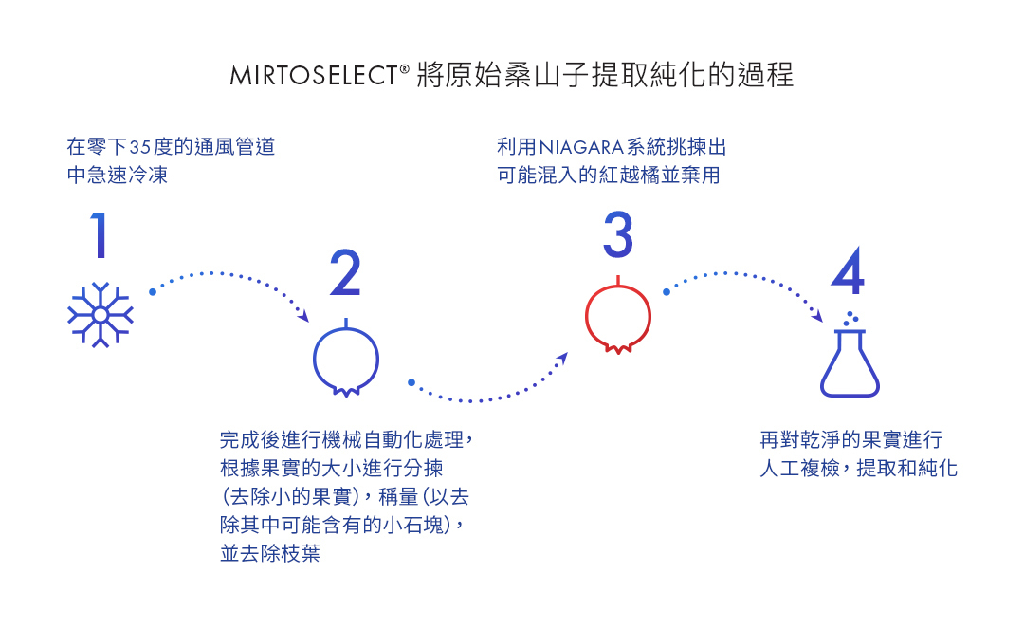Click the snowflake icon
tap(101, 315)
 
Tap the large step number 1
tap(100, 234)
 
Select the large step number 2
tap(345, 272)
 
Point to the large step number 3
tap(618, 234)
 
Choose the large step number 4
tap(848, 270)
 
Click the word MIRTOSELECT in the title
tap(314, 75)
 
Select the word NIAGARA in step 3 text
tap(581, 148)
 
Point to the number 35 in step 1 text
tap(140, 147)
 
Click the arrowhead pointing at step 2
tap(303, 316)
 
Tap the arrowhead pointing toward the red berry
tap(562, 359)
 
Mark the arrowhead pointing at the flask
tap(817, 316)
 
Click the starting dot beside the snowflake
tap(152, 292)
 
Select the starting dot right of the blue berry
tap(411, 382)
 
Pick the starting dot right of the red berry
tap(667, 292)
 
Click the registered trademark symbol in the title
tap(405, 68)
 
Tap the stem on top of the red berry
tap(618, 281)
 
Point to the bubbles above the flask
tap(850, 319)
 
